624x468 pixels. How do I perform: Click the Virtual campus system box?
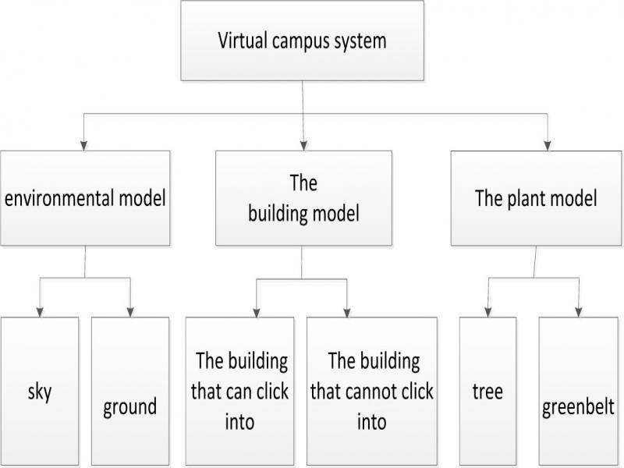[x=302, y=41]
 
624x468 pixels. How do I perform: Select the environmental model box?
[x=85, y=199]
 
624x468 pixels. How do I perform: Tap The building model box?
[x=303, y=199]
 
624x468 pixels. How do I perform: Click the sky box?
[x=40, y=390]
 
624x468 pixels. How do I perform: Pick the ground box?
[x=129, y=390]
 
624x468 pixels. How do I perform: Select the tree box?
[x=487, y=390]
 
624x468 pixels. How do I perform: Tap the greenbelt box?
[x=578, y=390]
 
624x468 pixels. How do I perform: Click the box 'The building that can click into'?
[x=241, y=390]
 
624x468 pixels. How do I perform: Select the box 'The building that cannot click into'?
[x=372, y=390]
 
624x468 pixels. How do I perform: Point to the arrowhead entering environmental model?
[x=84, y=144]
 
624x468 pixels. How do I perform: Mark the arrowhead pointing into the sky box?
[x=40, y=312]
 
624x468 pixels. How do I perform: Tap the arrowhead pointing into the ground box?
[x=129, y=312]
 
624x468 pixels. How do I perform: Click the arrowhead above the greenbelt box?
[x=578, y=312]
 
